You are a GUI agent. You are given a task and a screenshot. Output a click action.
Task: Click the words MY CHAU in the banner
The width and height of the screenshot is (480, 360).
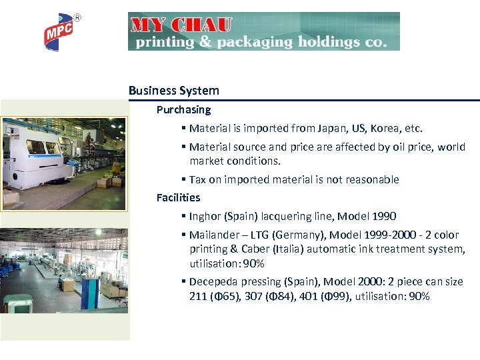[x=181, y=25]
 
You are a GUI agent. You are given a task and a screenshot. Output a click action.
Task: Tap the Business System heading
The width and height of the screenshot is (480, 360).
[x=173, y=91]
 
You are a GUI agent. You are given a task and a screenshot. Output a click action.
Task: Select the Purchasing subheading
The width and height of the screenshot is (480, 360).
[x=183, y=109]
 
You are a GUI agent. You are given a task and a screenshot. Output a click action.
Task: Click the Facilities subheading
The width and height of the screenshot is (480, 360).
[x=178, y=197]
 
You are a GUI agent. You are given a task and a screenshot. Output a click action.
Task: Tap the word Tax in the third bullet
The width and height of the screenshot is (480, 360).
[x=198, y=179]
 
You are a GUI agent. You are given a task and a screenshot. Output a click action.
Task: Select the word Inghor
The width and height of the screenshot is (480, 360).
[x=206, y=217]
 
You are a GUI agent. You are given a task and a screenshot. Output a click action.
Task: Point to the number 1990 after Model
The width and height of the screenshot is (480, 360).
[x=383, y=216]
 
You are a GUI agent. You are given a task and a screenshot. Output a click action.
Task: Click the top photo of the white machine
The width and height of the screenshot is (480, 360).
[x=63, y=164]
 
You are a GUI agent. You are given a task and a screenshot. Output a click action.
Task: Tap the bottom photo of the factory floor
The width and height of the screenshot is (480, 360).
[x=63, y=269]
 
